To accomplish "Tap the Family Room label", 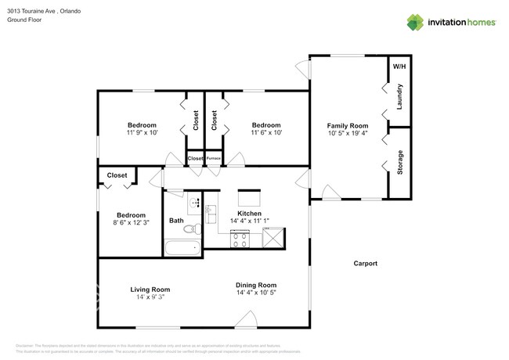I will (x=347, y=125).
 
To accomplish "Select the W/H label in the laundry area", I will (x=399, y=66).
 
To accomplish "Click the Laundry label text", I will (x=399, y=96).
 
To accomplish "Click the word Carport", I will (x=365, y=264).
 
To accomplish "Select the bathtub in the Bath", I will (x=182, y=250).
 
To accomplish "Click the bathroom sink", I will (x=193, y=202).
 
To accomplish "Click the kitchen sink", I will (x=210, y=207).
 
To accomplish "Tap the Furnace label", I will (x=214, y=159).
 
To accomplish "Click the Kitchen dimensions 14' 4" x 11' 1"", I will (x=249, y=221).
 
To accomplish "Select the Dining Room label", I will (x=256, y=285).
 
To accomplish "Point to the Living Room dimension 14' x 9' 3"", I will (x=150, y=298).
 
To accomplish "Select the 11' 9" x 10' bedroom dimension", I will (x=142, y=133).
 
